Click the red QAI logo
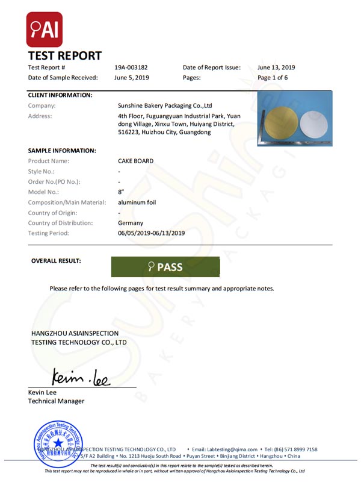pyautogui.click(x=44, y=30)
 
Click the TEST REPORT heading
pyautogui.click(x=65, y=56)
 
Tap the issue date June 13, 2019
pyautogui.click(x=276, y=67)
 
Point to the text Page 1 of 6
pyautogui.click(x=273, y=78)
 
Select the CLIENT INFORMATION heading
pyautogui.click(x=60, y=95)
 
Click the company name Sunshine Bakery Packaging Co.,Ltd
pyautogui.click(x=165, y=105)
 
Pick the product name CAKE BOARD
pyautogui.click(x=135, y=161)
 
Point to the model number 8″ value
pyautogui.click(x=121, y=192)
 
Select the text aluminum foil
pyautogui.click(x=137, y=202)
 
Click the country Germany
pyautogui.click(x=131, y=223)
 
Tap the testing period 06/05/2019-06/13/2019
pyautogui.click(x=151, y=233)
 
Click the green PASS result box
pyautogui.click(x=165, y=267)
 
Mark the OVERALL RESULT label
pyautogui.click(x=56, y=261)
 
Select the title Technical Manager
pyautogui.click(x=57, y=401)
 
